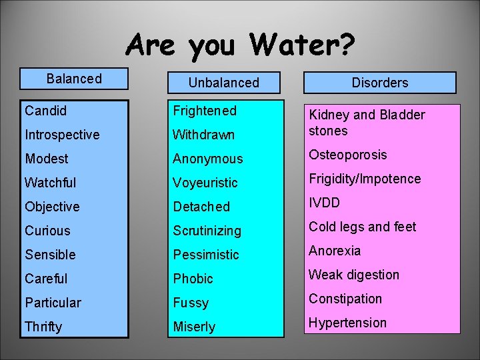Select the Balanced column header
(74, 79)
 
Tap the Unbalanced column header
(223, 83)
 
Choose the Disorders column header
(380, 83)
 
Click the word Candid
(45, 110)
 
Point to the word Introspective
(62, 134)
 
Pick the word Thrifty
(43, 327)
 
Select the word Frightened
(205, 110)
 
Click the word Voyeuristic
(205, 183)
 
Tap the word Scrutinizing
(207, 231)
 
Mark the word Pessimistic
(205, 255)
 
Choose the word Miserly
(194, 327)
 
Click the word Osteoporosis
(347, 155)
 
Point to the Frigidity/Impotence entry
(365, 179)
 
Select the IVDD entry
(324, 203)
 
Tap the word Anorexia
(335, 251)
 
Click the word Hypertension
(347, 323)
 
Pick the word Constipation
(345, 299)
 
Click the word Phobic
(193, 279)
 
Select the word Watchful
(51, 182)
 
